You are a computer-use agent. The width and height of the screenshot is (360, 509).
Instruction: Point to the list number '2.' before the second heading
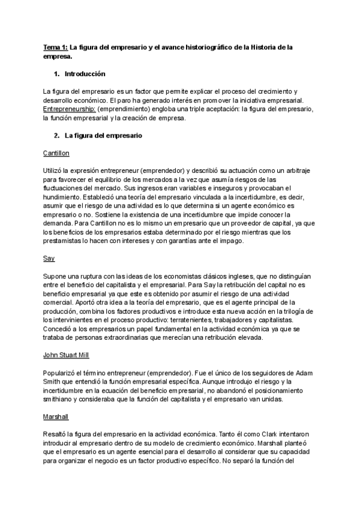[x=57, y=136]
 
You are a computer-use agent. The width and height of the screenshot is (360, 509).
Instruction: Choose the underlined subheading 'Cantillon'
[x=57, y=153]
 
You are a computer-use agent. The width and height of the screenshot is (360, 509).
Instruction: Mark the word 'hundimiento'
[x=64, y=196]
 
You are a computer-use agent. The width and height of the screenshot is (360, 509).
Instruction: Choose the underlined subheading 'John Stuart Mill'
[x=67, y=356]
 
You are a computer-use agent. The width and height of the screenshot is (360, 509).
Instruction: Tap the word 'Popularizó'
[x=61, y=373]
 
